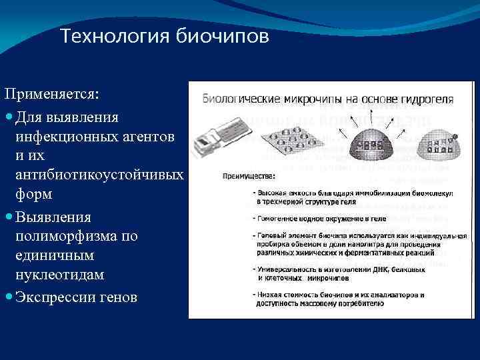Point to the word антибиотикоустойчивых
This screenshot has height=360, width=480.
click(x=99, y=175)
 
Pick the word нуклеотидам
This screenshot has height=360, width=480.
click(x=61, y=275)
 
